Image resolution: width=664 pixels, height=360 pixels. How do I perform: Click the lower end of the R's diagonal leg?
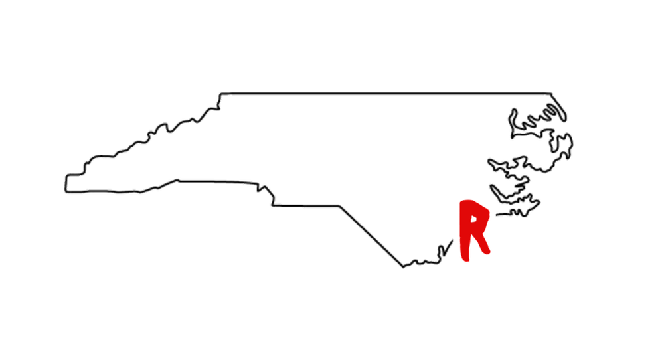(487, 252)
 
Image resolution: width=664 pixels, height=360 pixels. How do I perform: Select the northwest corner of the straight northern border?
(220, 94)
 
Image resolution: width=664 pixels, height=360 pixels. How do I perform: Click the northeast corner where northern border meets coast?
(551, 94)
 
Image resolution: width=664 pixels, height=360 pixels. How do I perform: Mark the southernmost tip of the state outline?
(403, 267)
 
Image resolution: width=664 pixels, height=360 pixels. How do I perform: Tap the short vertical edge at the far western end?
(66, 183)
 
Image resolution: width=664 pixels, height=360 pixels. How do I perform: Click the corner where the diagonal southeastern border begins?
(339, 207)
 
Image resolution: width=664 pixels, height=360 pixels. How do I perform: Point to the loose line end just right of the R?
(497, 215)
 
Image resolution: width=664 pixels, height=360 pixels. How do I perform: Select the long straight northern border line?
(386, 93)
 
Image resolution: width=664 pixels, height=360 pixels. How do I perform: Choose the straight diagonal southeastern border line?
(371, 236)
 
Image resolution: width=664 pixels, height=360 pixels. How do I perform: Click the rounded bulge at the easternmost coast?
(566, 145)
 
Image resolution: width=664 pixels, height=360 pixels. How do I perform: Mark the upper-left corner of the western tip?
(67, 175)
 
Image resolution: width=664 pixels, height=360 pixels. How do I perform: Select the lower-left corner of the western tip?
(66, 191)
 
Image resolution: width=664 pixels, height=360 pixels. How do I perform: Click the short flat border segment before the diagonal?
(305, 206)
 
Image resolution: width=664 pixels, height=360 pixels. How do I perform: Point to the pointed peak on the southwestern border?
(177, 180)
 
